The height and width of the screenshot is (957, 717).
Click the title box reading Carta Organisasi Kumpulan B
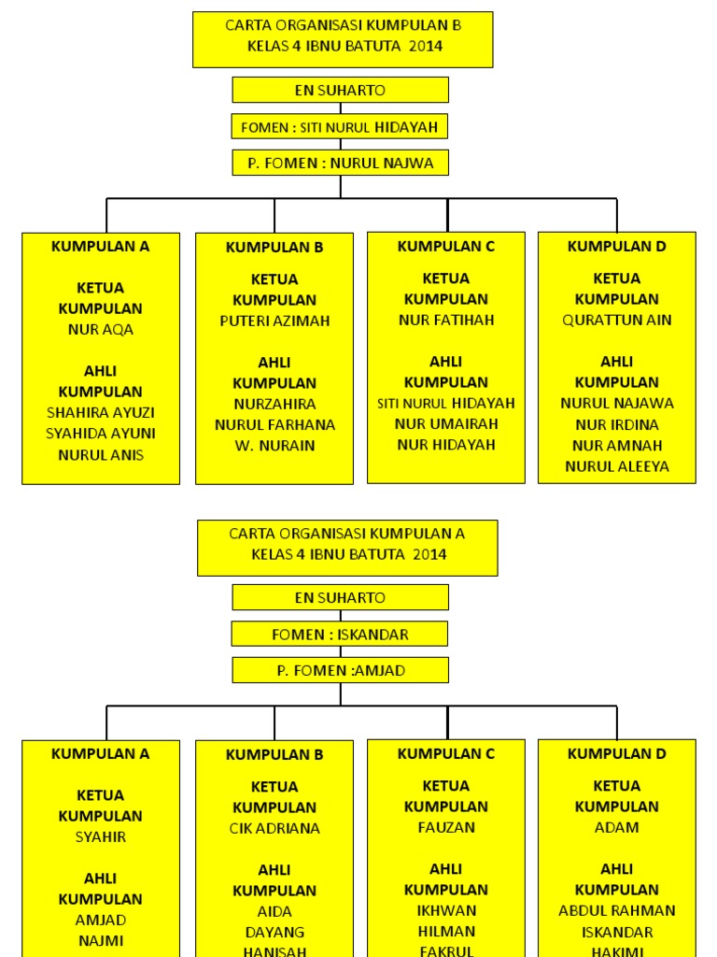[343, 39]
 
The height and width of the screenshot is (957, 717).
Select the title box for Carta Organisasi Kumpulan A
[347, 548]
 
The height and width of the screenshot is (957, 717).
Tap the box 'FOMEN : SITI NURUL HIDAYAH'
[340, 126]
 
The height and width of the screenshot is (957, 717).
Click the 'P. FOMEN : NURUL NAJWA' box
[340, 163]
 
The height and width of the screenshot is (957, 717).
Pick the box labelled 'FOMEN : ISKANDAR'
[340, 634]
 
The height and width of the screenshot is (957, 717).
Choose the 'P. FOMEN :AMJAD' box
[340, 670]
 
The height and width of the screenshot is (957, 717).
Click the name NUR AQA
[101, 330]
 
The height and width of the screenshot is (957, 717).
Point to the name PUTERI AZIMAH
[274, 321]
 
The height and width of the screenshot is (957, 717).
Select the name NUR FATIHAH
[446, 320]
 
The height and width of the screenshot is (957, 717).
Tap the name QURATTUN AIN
[617, 320]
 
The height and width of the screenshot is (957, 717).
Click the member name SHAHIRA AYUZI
[101, 412]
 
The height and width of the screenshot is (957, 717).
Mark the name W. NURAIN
[274, 445]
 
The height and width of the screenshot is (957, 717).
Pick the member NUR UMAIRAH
[446, 423]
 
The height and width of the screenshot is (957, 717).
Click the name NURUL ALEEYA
[617, 466]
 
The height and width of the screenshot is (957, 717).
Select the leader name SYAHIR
[101, 837]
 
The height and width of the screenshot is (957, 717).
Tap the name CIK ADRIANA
[274, 828]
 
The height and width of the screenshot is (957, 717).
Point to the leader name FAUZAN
[446, 827]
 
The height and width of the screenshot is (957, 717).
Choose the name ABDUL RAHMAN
[617, 910]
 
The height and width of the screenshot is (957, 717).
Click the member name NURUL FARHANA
[274, 424]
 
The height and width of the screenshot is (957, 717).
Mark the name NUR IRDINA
[617, 424]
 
